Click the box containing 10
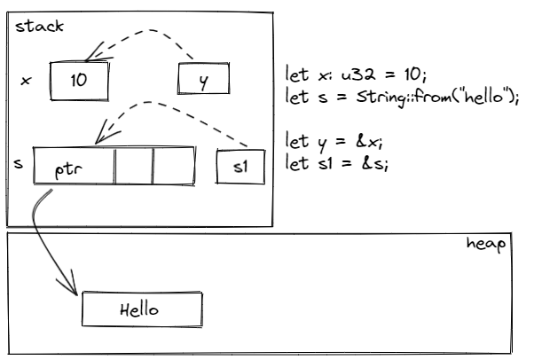[x=79, y=82]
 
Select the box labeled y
[x=203, y=81]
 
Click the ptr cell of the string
[x=74, y=167]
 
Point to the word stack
[x=39, y=25]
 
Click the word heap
[x=486, y=243]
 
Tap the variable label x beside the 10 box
[x=25, y=81]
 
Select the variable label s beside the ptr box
[x=19, y=164]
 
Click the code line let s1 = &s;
[x=338, y=163]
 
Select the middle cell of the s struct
[x=134, y=166]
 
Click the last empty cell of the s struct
[x=174, y=166]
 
